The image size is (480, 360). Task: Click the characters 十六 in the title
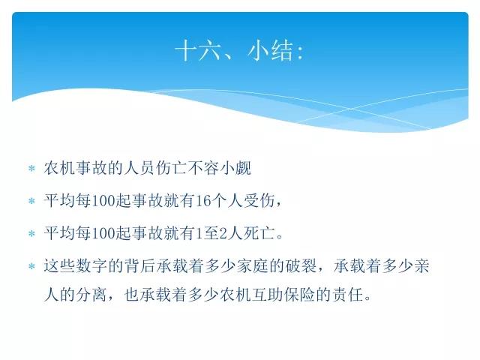click(198, 50)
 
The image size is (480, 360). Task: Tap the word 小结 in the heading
click(270, 50)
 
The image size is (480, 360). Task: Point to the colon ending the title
click(300, 52)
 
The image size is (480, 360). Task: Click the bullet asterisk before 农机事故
click(31, 168)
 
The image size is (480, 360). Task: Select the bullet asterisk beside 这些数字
click(31, 266)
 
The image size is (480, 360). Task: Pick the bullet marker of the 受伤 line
click(31, 201)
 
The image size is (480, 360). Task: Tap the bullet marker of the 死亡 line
click(31, 234)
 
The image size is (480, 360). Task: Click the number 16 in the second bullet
click(202, 201)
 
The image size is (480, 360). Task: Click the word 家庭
click(253, 265)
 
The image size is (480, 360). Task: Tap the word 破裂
click(301, 265)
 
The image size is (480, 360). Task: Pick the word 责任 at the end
click(348, 295)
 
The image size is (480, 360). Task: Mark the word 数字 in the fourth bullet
click(91, 265)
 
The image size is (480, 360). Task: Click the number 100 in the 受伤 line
click(103, 201)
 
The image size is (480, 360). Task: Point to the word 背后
click(140, 265)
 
